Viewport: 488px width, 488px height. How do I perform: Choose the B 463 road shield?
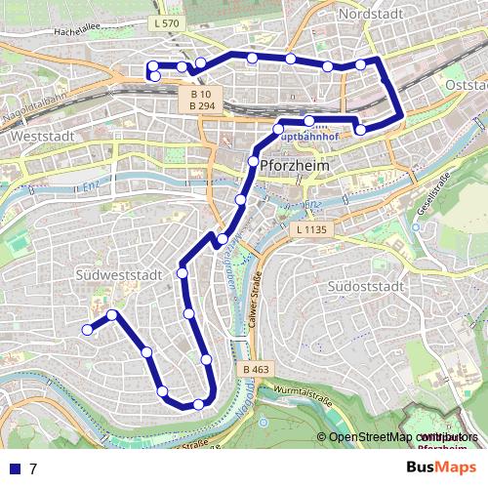tap(252, 369)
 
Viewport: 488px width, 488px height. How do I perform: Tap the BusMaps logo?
tap(443, 467)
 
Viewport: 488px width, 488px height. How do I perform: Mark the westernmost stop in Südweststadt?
tap(87, 330)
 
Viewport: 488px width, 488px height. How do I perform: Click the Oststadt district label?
tap(466, 85)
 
